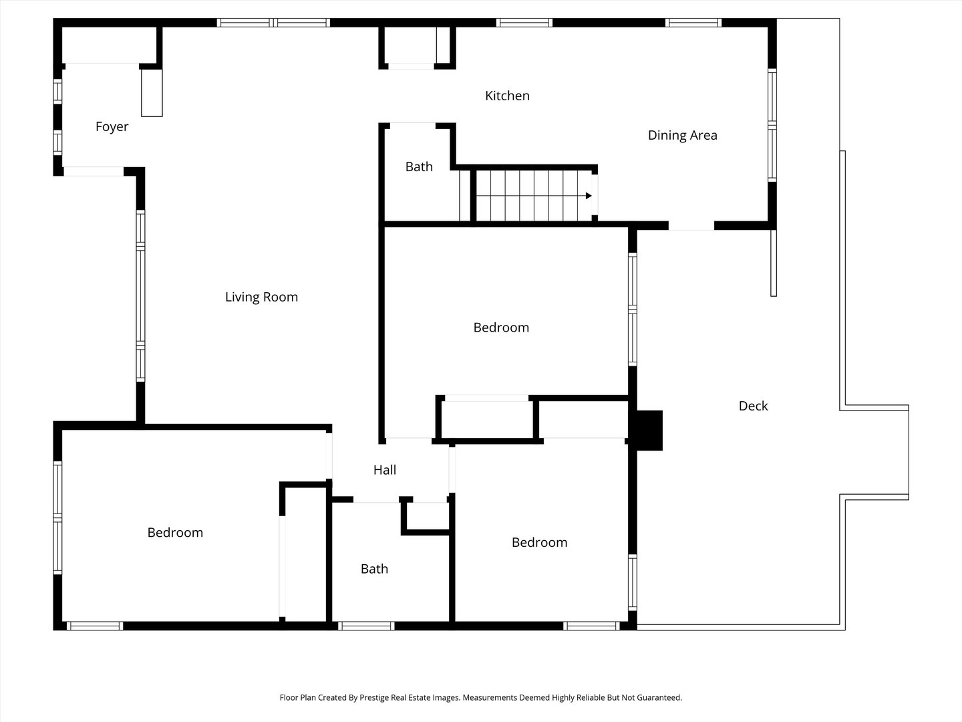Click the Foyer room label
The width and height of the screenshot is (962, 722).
tap(112, 127)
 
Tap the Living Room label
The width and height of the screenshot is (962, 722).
tap(262, 297)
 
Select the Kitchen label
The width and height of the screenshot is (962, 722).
tap(507, 96)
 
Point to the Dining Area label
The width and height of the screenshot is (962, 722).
tap(682, 136)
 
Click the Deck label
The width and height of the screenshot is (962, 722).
tap(753, 406)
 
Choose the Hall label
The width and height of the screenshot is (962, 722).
tap(384, 470)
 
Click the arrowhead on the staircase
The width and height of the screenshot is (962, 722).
tap(589, 195)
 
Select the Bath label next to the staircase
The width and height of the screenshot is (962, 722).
tap(419, 166)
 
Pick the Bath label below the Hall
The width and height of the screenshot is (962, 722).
tap(374, 569)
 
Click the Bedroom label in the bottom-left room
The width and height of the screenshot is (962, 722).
tap(175, 533)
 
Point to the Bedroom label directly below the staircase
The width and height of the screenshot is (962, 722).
tap(501, 328)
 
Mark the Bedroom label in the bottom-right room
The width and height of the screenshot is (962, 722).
tap(539, 543)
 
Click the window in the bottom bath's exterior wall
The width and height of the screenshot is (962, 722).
tap(366, 626)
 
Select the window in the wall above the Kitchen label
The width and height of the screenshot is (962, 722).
tap(524, 23)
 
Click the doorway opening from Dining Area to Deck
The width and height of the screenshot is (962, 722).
tap(691, 226)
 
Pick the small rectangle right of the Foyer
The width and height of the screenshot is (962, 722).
tap(152, 93)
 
